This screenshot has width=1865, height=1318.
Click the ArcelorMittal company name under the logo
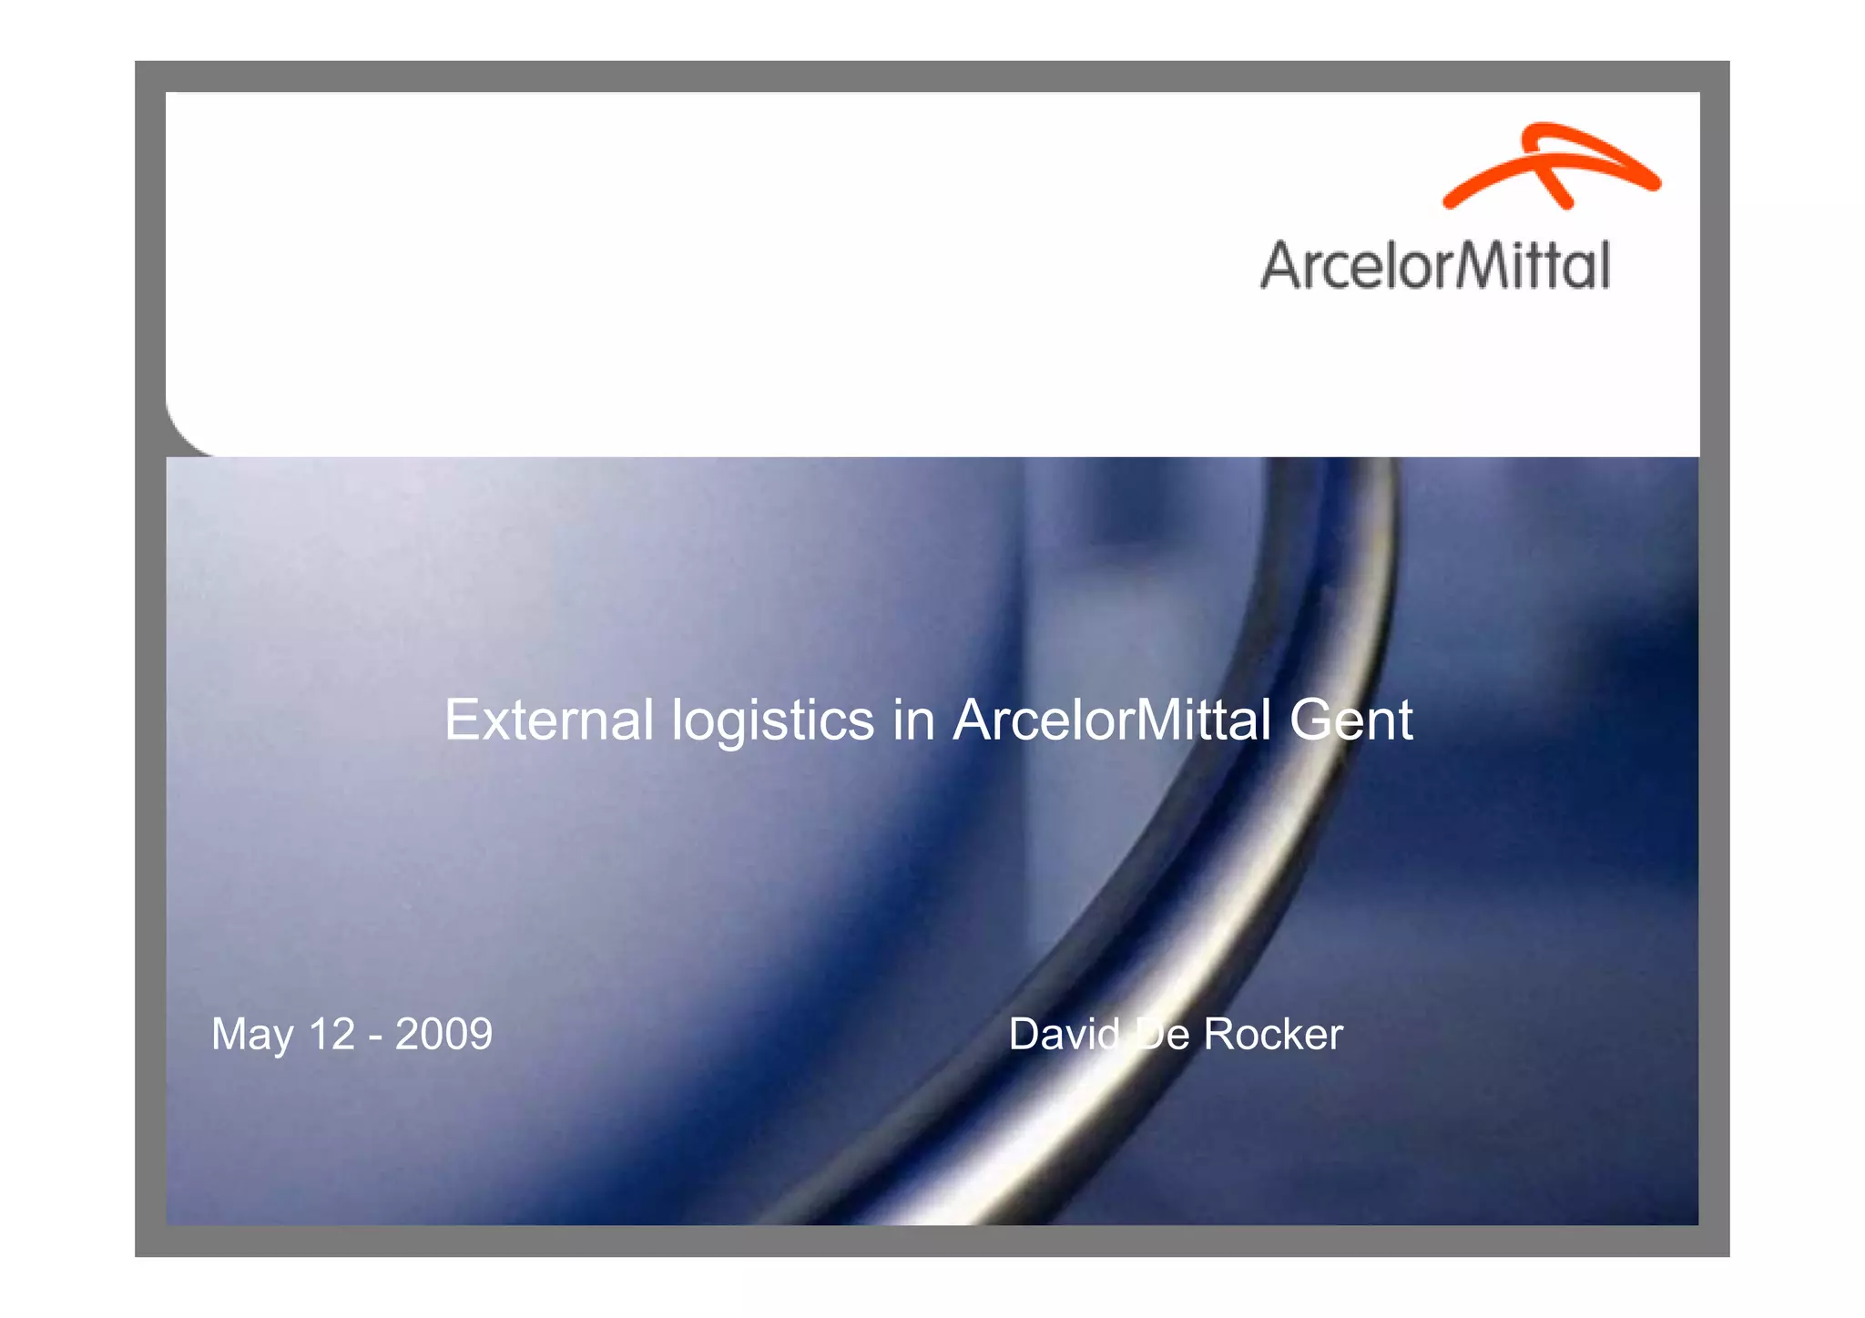(1435, 266)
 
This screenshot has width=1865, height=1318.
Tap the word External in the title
(548, 720)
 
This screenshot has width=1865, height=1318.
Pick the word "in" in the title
(913, 720)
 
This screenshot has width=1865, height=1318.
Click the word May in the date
(252, 1036)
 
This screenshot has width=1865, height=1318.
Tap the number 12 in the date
(331, 1034)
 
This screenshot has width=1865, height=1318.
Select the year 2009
(443, 1034)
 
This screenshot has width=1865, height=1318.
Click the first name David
(1064, 1034)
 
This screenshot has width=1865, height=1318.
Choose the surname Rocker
(1272, 1034)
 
